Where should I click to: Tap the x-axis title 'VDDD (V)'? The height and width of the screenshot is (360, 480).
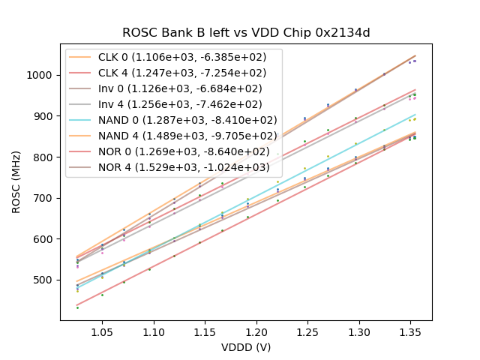point(245,347)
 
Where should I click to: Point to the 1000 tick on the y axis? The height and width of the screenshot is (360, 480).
point(42,75)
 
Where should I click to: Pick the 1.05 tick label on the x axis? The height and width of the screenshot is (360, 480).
point(102,331)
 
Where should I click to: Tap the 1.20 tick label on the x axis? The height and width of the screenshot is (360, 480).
point(256,331)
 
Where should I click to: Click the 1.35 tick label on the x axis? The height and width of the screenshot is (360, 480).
point(411,331)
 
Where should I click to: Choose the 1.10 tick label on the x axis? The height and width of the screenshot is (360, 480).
point(154,331)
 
